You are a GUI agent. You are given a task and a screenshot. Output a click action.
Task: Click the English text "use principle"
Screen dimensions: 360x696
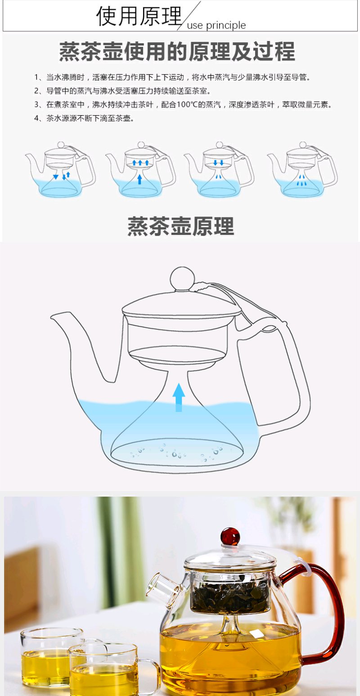point(216,25)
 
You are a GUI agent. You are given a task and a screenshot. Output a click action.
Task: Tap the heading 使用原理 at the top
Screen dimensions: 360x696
point(139,16)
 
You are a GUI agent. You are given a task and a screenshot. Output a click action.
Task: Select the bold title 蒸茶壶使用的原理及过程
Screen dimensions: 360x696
point(177,51)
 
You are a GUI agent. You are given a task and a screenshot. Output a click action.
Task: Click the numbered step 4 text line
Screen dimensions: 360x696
point(84,118)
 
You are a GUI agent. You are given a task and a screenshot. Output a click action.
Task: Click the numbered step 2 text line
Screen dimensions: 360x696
point(122,91)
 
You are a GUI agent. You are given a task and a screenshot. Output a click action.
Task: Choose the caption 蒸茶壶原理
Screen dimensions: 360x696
point(180,226)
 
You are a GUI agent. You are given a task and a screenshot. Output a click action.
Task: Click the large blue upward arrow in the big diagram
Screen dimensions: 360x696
point(179,398)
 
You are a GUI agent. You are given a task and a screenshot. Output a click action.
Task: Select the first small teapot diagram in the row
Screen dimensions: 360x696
point(60,169)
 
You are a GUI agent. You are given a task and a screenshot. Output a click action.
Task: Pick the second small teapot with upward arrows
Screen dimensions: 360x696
point(140,169)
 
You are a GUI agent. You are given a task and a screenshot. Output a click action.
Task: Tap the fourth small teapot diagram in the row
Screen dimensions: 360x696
point(302,169)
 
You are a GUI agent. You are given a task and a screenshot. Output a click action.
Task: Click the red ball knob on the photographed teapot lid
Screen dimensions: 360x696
point(230,536)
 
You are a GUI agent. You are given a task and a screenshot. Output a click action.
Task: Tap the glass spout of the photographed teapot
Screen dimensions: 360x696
point(165,586)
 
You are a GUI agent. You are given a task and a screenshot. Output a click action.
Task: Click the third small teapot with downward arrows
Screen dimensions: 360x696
point(219,169)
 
